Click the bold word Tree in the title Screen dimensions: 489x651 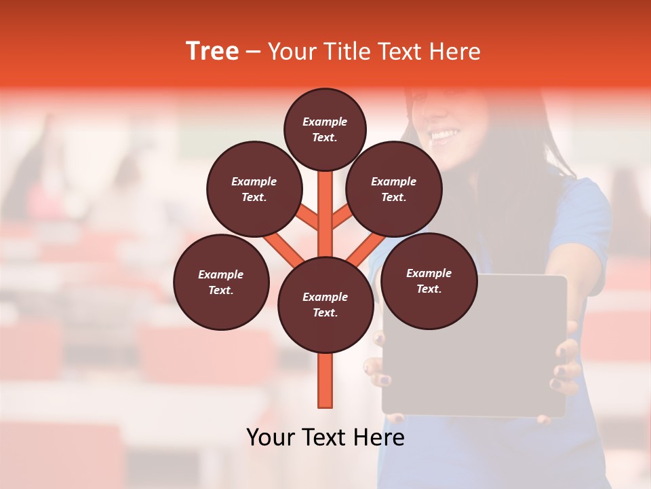click(x=212, y=52)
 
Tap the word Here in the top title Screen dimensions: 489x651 click(x=454, y=52)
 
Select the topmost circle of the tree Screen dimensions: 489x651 click(x=325, y=130)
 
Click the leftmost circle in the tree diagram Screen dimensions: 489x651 click(x=221, y=283)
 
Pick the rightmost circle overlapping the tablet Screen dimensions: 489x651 click(x=429, y=281)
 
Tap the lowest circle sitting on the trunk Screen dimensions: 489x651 click(x=325, y=305)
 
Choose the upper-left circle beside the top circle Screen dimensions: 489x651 click(x=254, y=189)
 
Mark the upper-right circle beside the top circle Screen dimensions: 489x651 click(x=394, y=189)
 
